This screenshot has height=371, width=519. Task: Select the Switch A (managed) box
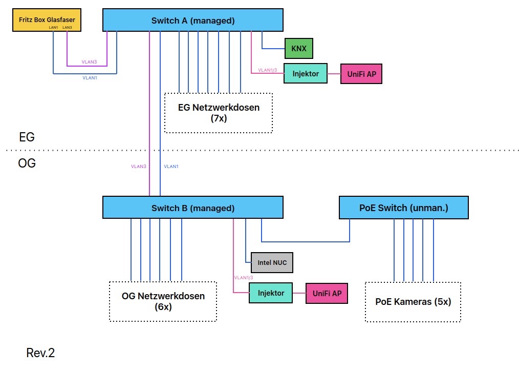point(192,20)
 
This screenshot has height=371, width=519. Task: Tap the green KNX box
point(299,48)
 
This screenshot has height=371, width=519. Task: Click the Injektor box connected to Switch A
point(306,73)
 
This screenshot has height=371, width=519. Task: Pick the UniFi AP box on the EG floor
point(361,73)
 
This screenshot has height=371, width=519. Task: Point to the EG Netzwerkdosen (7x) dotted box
point(219,113)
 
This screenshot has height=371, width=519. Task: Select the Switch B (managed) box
point(192,208)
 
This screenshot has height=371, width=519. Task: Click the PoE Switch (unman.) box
point(404,208)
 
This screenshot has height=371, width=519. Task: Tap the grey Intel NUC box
point(272,263)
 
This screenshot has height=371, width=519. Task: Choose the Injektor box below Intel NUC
point(271,293)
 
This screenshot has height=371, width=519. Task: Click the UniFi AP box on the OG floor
point(327,293)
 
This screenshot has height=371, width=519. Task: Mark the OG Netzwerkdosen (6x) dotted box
point(163,301)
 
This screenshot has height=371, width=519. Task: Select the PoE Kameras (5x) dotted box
point(413,301)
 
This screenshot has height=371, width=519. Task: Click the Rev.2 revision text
point(40,353)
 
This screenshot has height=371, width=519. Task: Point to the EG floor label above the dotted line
point(27,137)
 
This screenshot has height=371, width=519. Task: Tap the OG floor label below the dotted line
point(27,164)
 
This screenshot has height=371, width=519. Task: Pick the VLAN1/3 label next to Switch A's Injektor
point(267,70)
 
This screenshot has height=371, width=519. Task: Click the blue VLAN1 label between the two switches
point(171,167)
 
